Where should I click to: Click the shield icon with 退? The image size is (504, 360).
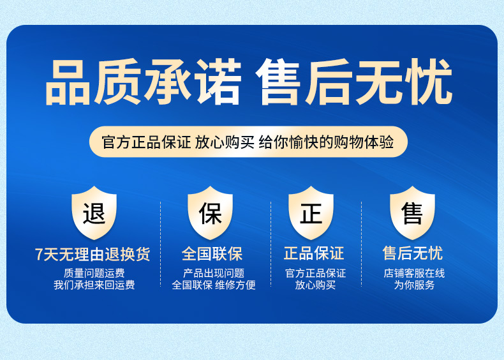94,213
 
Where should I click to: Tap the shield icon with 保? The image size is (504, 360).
211,213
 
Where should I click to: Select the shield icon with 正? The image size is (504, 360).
311,213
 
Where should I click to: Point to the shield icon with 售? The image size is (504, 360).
412,213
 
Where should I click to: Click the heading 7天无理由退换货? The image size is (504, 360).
93,254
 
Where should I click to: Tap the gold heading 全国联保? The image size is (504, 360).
212,253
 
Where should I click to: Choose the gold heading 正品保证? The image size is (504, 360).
314,253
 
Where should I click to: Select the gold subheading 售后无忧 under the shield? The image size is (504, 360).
413,253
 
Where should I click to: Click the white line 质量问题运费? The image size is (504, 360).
94,273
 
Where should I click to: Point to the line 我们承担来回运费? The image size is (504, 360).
94,285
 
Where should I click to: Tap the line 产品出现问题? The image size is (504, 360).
214,273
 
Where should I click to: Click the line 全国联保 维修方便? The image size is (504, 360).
214,285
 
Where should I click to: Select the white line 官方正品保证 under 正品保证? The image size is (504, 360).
315,273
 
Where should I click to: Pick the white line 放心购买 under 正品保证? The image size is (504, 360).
315,285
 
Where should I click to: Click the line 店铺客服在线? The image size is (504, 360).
414,273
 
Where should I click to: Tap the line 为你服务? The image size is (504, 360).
414,285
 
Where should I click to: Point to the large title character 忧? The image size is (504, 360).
429,82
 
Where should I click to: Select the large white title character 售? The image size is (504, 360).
278,82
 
